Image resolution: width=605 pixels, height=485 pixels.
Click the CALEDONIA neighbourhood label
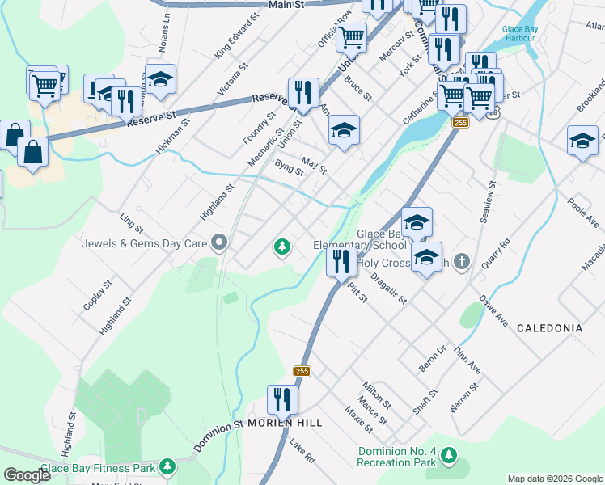[x=549, y=328]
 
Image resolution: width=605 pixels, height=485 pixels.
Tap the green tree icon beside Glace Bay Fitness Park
[x=167, y=466]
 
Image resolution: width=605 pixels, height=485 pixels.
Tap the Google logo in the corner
[x=27, y=474]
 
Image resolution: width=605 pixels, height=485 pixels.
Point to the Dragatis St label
[x=388, y=288]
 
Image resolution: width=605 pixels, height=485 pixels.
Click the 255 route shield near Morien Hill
[x=302, y=371]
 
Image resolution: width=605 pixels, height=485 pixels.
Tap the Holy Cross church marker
[x=461, y=261]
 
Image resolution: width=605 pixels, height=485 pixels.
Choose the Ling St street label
[x=129, y=221]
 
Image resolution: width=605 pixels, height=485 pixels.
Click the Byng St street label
[x=289, y=167]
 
